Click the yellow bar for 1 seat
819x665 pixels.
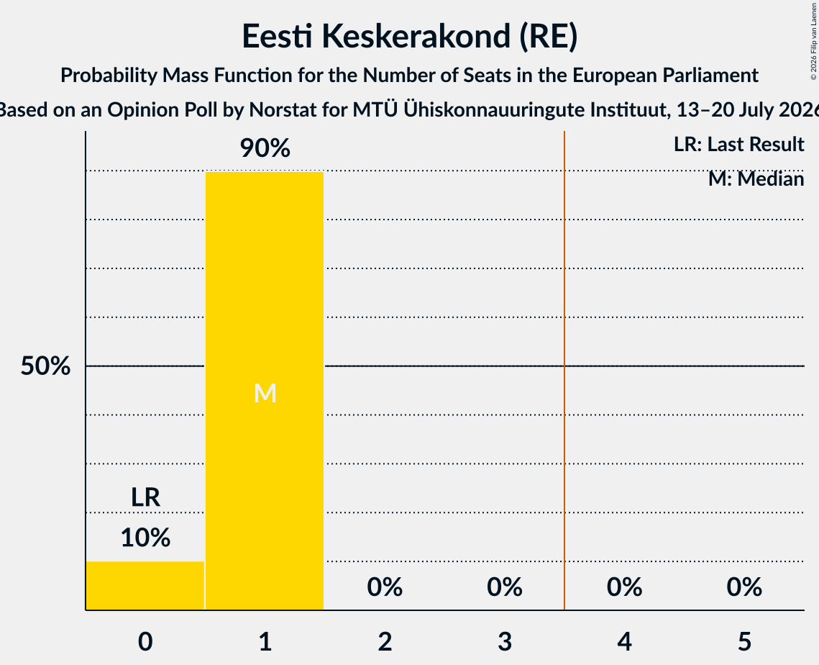tap(265, 391)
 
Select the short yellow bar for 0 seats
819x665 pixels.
tap(145, 586)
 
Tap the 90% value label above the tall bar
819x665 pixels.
tap(265, 148)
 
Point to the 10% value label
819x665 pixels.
tap(145, 538)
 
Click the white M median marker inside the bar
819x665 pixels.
tap(265, 393)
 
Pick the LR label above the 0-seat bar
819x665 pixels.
tap(145, 497)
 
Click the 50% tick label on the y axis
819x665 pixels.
tap(45, 366)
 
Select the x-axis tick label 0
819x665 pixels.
tap(145, 641)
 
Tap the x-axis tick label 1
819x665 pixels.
tap(265, 641)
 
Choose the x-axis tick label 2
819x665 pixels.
tap(385, 641)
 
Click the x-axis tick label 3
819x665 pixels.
tap(505, 641)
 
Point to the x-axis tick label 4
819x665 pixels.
tap(625, 641)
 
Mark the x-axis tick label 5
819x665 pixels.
tap(744, 641)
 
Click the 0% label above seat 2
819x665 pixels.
tap(385, 587)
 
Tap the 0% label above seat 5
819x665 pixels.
tap(744, 587)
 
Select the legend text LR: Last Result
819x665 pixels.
tap(738, 144)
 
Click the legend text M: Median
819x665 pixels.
tap(756, 179)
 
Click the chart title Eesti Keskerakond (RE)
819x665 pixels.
tap(410, 36)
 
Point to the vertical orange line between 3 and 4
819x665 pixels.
tap(564, 371)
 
